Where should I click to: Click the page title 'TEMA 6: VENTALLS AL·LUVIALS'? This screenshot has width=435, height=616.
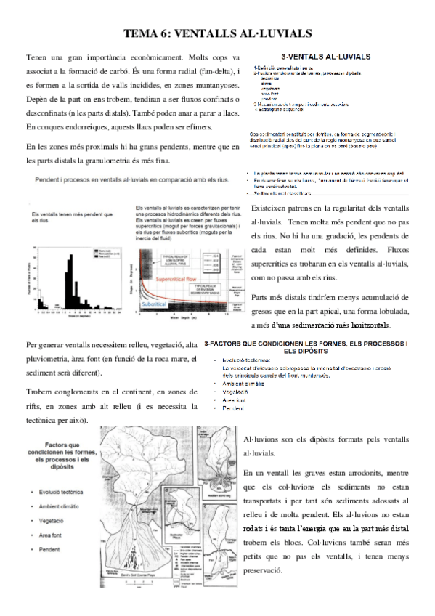(217, 33)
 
